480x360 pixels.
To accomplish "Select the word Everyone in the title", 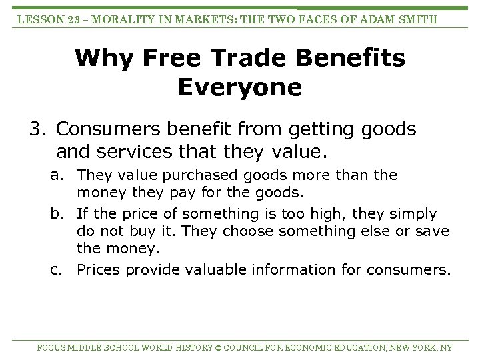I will click(240, 87).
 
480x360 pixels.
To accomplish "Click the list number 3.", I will click(36, 129).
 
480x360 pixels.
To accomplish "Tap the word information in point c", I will click(293, 270).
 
